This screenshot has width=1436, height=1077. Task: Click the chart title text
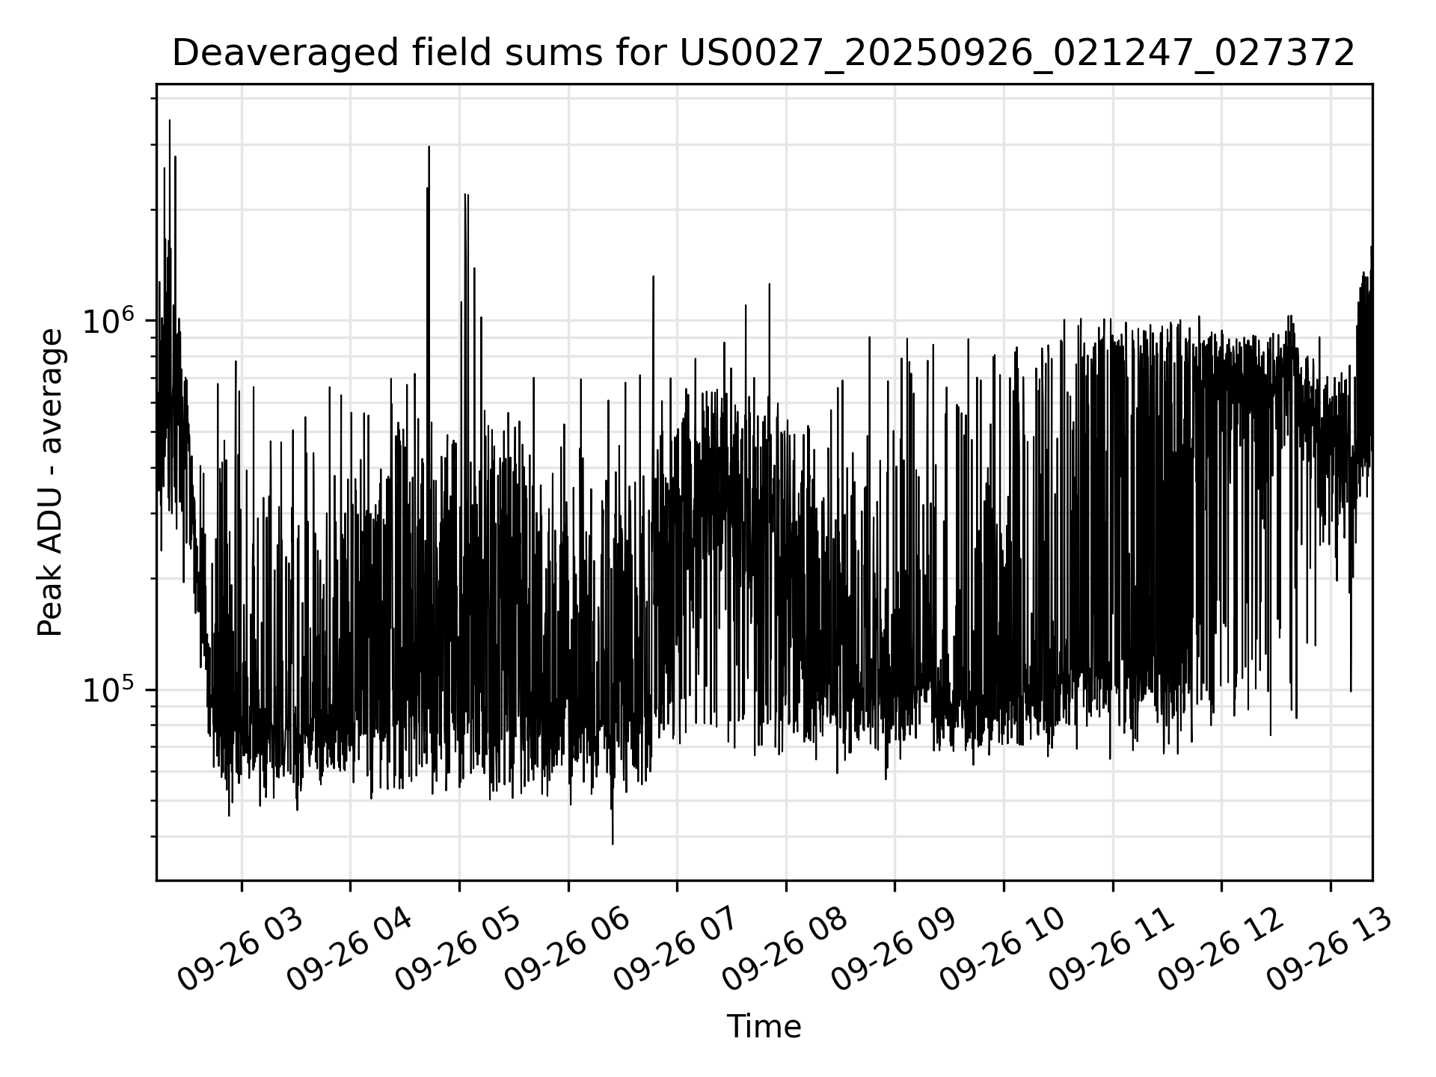tap(763, 54)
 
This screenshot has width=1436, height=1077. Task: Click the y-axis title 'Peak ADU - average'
tap(51, 482)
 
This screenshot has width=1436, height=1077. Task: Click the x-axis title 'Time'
tap(764, 1027)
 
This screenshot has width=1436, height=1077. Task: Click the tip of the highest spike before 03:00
tap(170, 120)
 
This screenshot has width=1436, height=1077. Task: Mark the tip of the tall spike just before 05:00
tap(429, 147)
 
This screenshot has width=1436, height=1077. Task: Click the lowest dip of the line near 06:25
tap(613, 844)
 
